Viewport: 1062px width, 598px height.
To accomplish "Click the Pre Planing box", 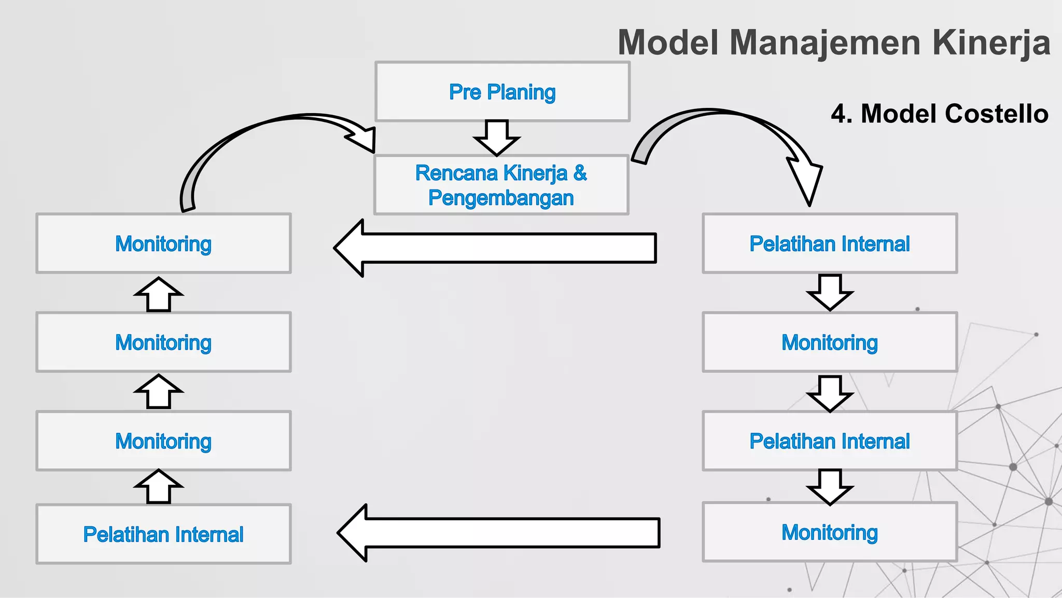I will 502,92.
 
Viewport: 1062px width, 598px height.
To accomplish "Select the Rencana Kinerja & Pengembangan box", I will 501,185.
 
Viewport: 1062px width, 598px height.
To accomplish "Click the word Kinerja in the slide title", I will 991,43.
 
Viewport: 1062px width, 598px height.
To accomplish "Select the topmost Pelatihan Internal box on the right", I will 829,243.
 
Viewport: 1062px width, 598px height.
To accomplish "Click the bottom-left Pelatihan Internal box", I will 163,534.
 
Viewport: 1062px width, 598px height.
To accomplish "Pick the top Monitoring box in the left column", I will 163,243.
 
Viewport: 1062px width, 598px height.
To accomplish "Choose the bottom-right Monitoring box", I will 829,532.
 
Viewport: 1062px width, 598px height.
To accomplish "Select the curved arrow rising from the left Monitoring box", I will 233,140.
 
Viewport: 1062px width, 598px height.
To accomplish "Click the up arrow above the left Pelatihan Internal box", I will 159,487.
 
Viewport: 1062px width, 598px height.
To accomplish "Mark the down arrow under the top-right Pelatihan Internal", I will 830,292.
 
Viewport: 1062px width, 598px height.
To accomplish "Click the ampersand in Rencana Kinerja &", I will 580,173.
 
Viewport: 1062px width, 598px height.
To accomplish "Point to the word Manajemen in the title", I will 825,43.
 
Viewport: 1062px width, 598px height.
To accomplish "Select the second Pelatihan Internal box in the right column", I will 829,441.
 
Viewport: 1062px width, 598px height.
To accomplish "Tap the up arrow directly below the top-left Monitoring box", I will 159,294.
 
